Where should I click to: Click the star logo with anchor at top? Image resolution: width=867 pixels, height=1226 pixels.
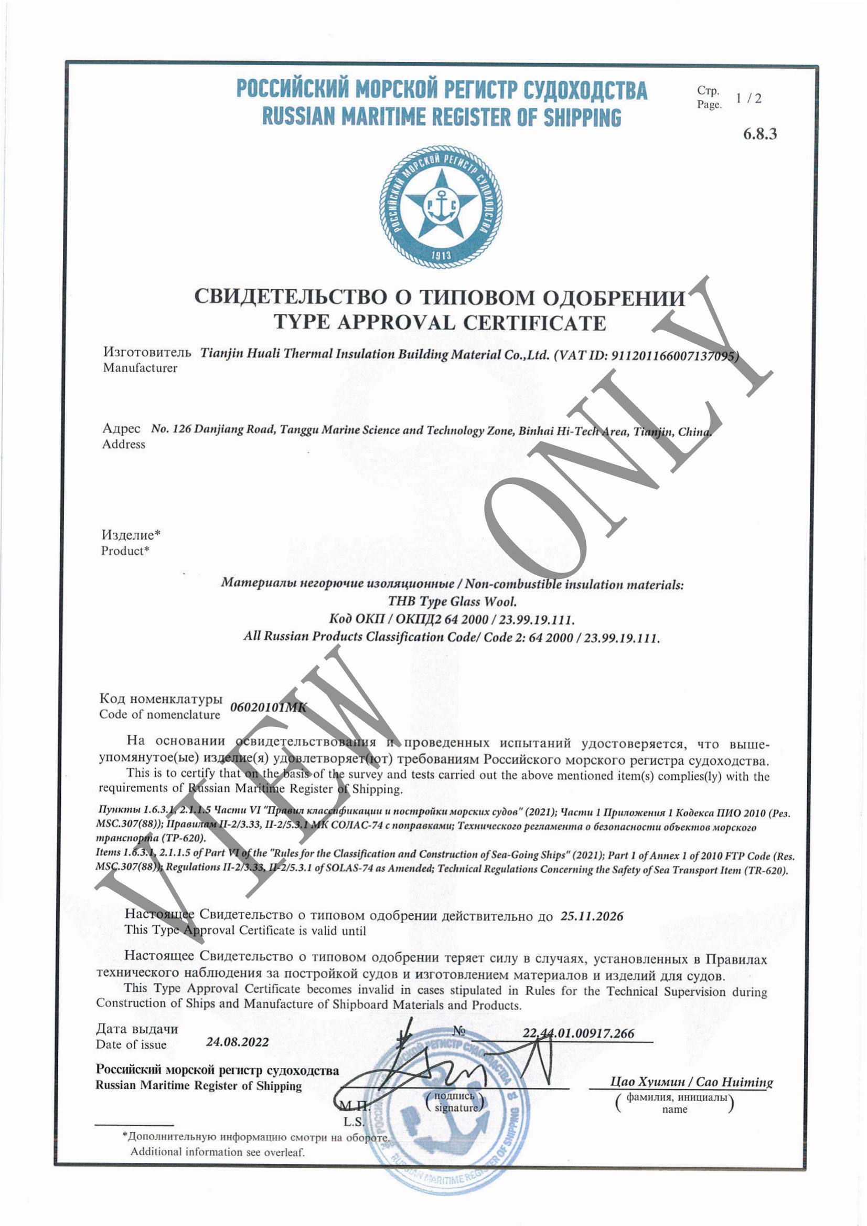click(x=441, y=206)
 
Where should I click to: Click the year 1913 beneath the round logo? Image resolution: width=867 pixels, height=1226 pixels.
click(x=441, y=255)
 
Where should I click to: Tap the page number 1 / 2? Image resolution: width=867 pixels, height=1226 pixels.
click(x=748, y=98)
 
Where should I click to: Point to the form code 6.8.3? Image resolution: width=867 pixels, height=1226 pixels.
click(x=760, y=133)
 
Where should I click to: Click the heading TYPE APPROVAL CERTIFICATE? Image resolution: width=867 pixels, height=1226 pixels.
click(x=440, y=323)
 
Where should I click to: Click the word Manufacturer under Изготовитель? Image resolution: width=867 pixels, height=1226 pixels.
click(x=140, y=368)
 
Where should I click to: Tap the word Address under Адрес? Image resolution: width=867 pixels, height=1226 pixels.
click(x=123, y=445)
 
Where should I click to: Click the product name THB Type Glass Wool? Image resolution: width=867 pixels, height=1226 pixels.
click(x=452, y=601)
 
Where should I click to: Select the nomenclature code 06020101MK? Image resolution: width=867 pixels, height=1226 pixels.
click(x=269, y=707)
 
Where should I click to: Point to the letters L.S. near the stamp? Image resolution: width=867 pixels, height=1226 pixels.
click(x=354, y=1121)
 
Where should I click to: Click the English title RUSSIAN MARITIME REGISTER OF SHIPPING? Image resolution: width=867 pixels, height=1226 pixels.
click(x=441, y=117)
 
